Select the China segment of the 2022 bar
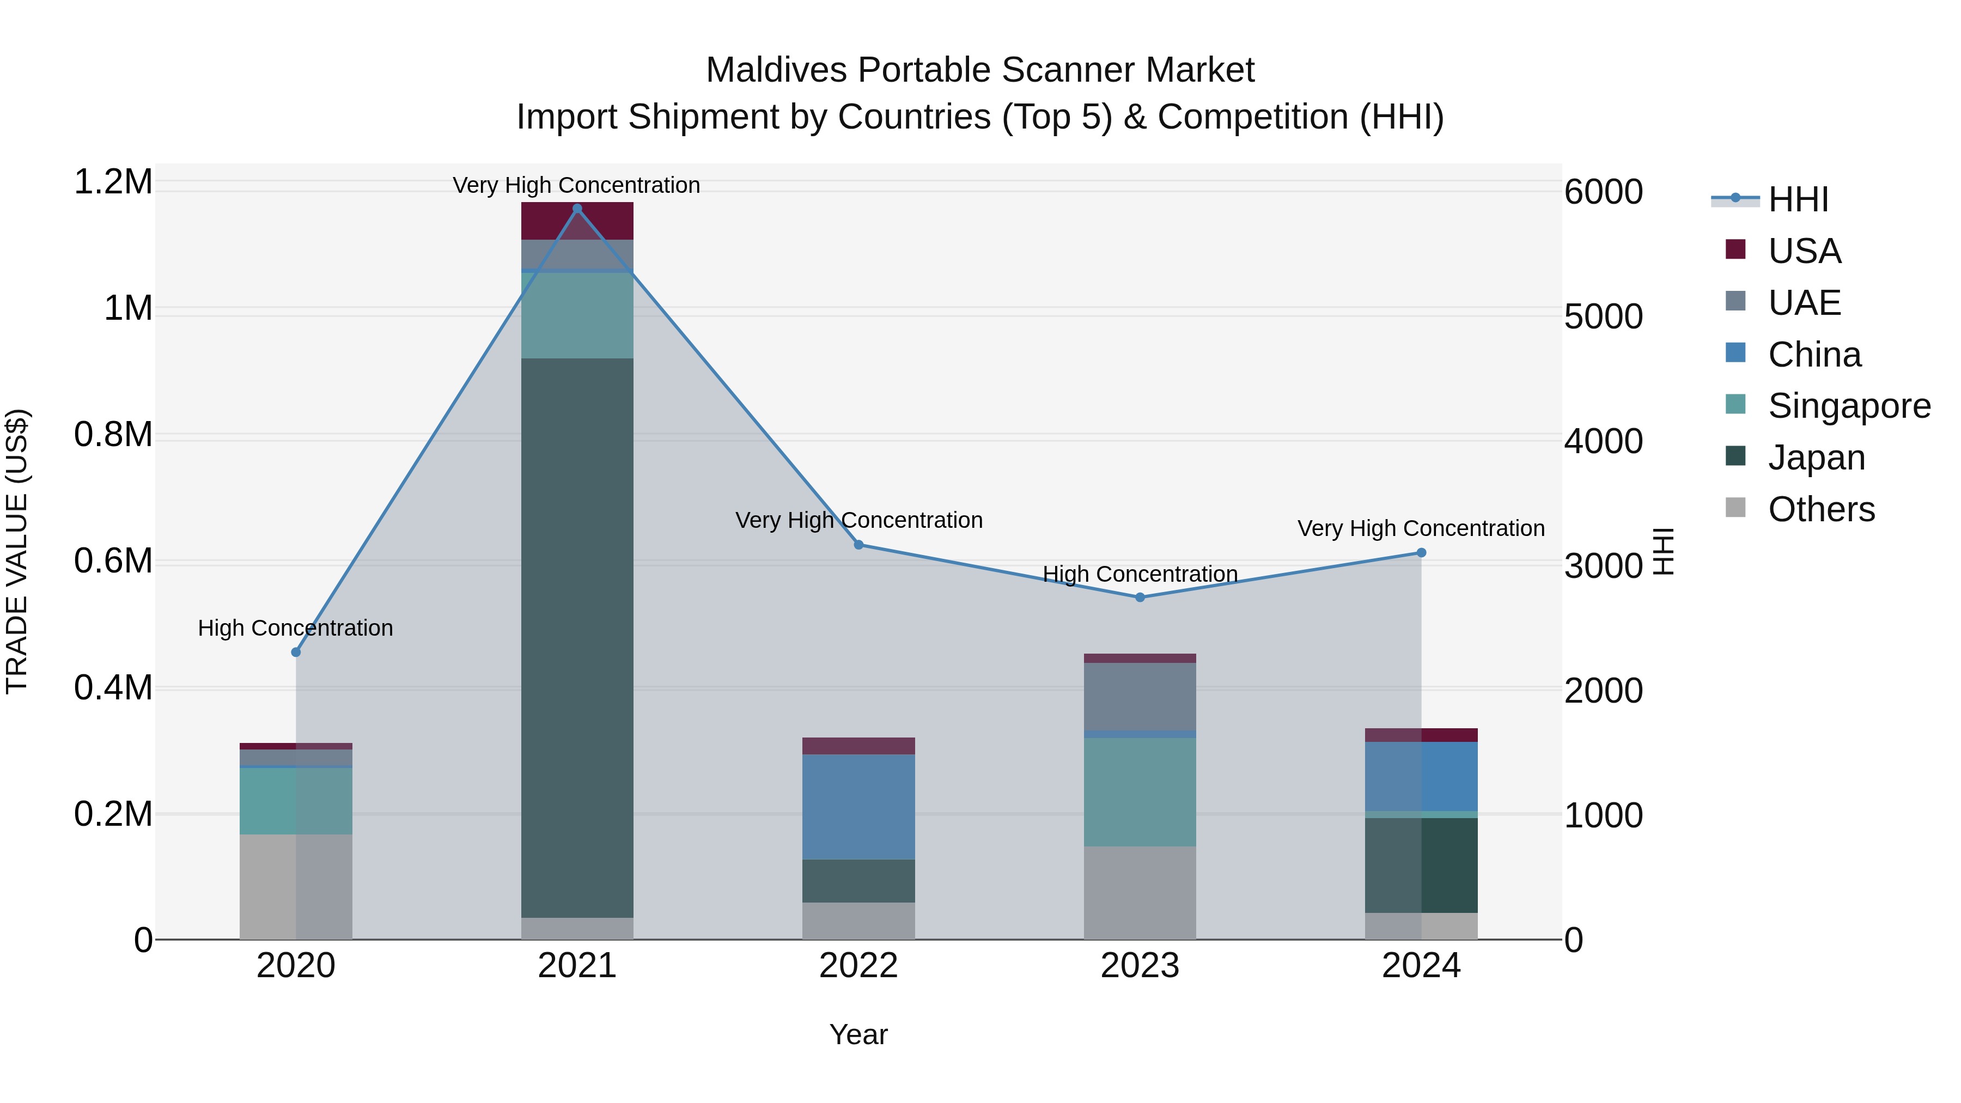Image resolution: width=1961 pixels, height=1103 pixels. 858,807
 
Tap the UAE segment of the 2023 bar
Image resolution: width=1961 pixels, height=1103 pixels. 1140,697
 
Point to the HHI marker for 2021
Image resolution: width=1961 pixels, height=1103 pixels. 577,209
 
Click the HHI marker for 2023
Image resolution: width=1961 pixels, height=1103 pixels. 1140,598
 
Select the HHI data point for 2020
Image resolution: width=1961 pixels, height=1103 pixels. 296,653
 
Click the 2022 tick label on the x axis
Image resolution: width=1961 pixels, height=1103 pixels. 858,966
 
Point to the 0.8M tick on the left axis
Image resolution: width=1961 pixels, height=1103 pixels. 113,435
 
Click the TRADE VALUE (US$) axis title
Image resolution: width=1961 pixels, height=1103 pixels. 17,551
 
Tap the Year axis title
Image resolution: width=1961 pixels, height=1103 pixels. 858,1034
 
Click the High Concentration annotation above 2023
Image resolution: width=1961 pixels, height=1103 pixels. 1140,574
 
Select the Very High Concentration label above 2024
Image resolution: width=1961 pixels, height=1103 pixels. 1421,528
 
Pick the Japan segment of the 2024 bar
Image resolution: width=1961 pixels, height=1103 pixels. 1421,866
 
